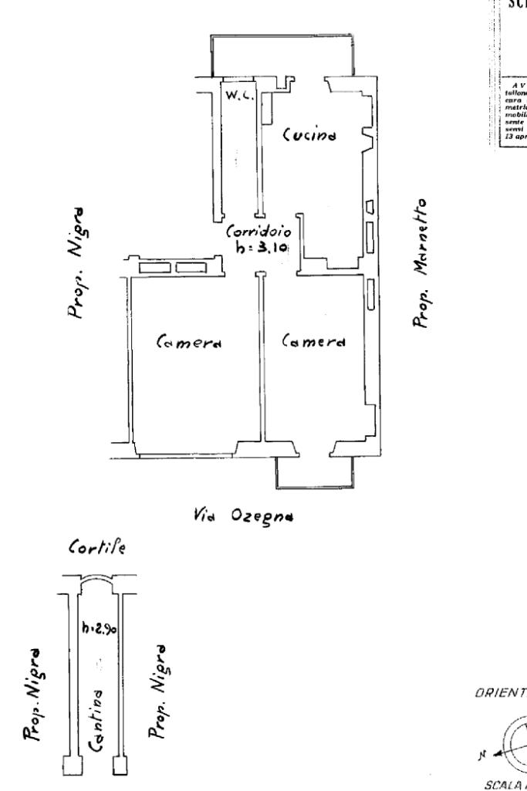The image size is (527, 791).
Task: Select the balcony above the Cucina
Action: (281, 56)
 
